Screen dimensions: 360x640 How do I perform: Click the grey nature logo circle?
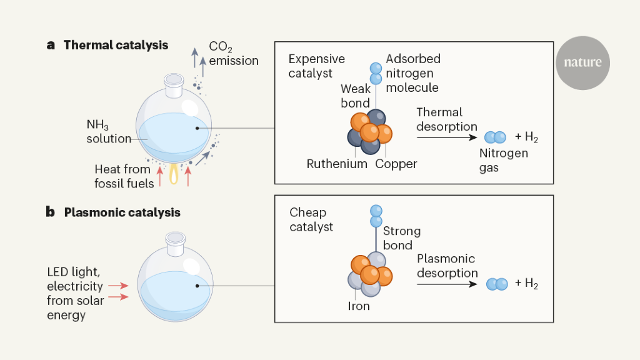[582, 62]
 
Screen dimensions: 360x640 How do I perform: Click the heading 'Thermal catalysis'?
[116, 45]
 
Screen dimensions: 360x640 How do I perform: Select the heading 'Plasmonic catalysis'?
[122, 212]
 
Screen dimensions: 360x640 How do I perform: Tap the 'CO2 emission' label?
[233, 54]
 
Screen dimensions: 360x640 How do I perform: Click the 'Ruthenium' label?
[337, 164]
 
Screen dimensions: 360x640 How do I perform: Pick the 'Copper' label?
[396, 164]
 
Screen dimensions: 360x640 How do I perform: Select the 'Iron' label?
[359, 306]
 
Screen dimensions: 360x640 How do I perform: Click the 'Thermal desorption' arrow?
[446, 136]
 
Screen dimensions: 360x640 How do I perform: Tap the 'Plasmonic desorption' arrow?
[446, 284]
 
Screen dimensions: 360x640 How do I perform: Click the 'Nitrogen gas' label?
[503, 160]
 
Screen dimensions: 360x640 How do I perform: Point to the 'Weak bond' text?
[355, 96]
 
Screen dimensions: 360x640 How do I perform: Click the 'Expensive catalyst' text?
[316, 66]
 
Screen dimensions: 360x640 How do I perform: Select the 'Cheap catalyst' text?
[311, 219]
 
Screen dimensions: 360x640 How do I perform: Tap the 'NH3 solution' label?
[109, 132]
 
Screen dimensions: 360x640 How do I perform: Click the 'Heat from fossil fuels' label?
[124, 176]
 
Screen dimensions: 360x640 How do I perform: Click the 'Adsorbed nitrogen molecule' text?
[412, 73]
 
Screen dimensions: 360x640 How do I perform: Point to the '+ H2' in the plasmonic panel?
[526, 284]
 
